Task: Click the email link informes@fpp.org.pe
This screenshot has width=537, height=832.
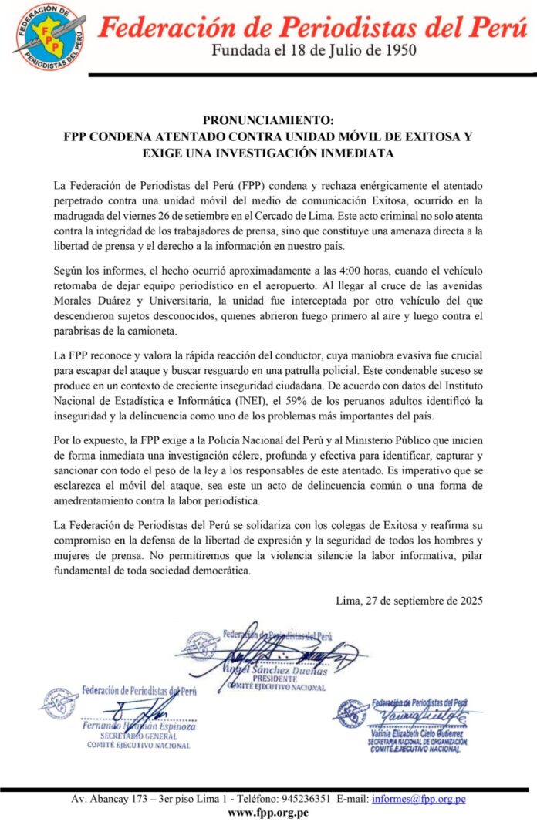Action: tap(419, 799)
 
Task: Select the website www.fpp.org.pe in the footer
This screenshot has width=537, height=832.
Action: tap(268, 813)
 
